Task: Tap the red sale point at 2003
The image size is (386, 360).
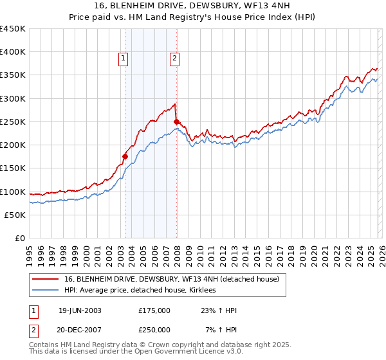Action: tap(125, 156)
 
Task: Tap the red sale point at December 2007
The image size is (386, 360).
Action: tap(177, 121)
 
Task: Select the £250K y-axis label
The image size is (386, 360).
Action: tap(13, 122)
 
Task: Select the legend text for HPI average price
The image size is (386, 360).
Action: tap(140, 291)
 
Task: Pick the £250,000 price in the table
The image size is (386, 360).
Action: tap(154, 330)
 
